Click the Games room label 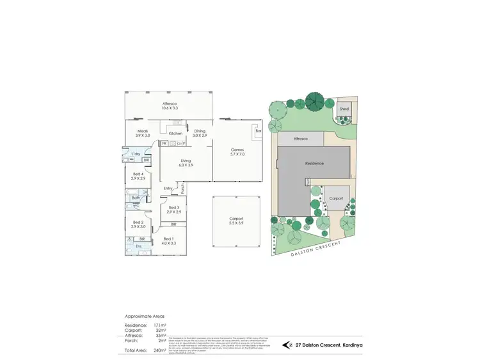click(x=237, y=150)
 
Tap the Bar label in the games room click(x=259, y=130)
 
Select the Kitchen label click(x=176, y=133)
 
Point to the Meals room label click(x=141, y=130)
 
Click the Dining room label click(x=200, y=130)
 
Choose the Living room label click(x=186, y=160)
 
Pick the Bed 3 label click(x=174, y=208)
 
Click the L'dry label click(x=136, y=155)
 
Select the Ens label click(x=138, y=246)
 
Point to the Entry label click(x=168, y=188)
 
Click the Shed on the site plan click(x=344, y=109)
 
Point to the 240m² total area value click(x=159, y=350)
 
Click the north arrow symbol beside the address click(x=287, y=345)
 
